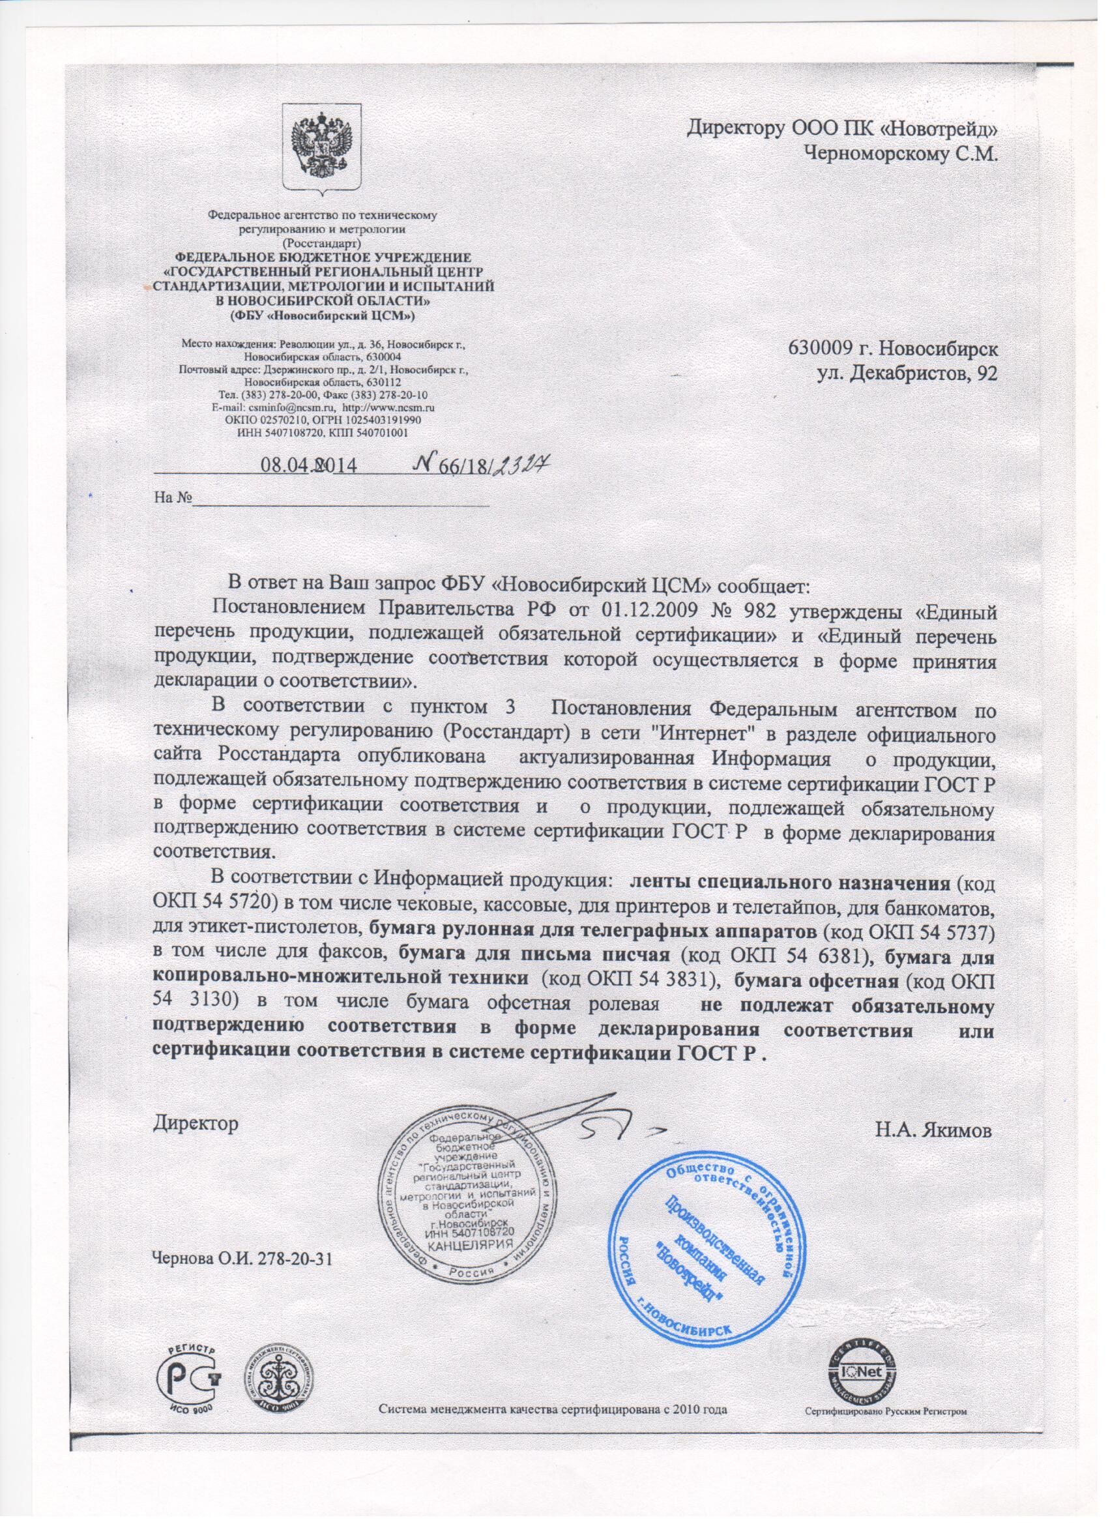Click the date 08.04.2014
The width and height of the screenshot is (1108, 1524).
[x=308, y=466]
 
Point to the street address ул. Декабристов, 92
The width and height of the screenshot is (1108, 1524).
[x=907, y=374]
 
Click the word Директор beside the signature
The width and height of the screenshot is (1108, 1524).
[x=196, y=1124]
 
